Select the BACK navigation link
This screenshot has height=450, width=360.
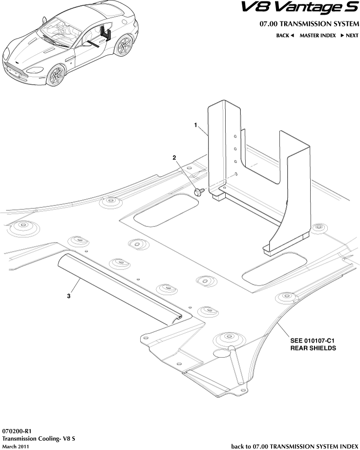[x=285, y=36]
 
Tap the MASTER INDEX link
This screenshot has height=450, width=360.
[x=318, y=36]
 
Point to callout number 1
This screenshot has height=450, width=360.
[x=196, y=125]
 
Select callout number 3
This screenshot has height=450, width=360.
[x=69, y=296]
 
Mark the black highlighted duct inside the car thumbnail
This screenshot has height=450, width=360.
[x=106, y=34]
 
